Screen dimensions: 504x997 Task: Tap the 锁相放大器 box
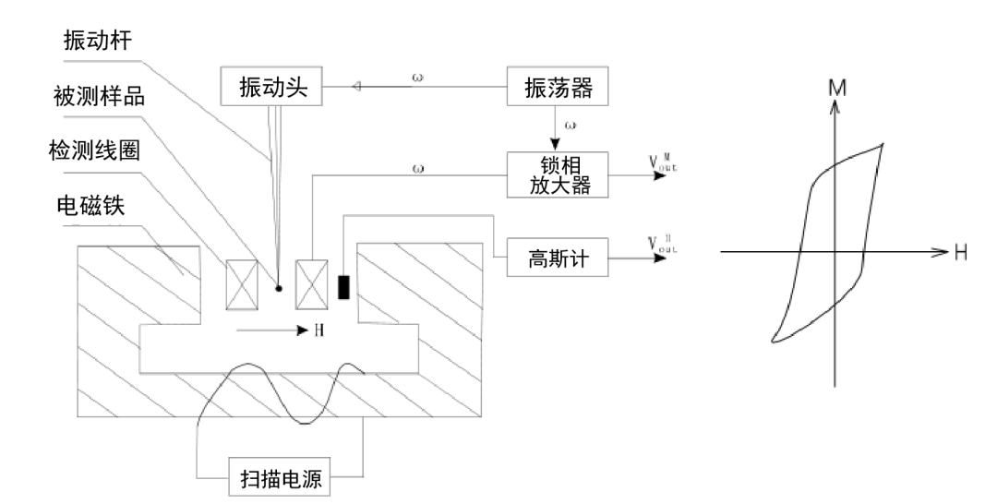557,174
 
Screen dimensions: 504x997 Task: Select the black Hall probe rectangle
344,288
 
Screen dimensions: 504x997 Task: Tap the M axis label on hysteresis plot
837,88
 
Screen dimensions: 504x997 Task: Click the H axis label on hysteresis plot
961,251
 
